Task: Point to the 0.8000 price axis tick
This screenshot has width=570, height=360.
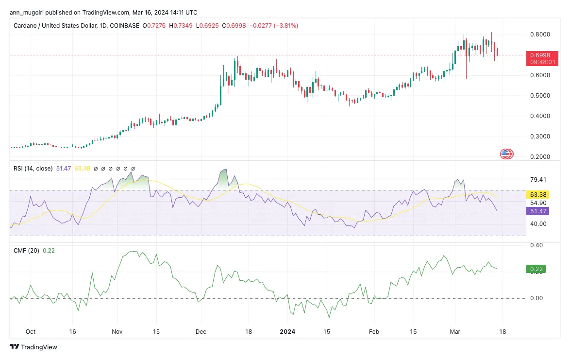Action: click(x=539, y=34)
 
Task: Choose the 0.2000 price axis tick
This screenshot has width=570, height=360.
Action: click(x=539, y=157)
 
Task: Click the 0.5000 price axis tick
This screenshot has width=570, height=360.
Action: click(x=539, y=96)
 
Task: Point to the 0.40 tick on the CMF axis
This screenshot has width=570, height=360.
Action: click(x=536, y=246)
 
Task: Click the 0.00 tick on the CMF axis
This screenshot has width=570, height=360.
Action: click(x=536, y=298)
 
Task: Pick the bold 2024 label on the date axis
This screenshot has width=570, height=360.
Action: click(x=287, y=332)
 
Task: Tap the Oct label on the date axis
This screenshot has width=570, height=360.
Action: click(x=31, y=332)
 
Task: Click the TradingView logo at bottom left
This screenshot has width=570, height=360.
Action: click(x=34, y=347)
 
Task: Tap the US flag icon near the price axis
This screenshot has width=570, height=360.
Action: click(x=507, y=154)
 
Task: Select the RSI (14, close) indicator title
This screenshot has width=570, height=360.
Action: click(x=33, y=169)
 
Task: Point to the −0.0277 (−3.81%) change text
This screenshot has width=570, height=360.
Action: click(x=273, y=25)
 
